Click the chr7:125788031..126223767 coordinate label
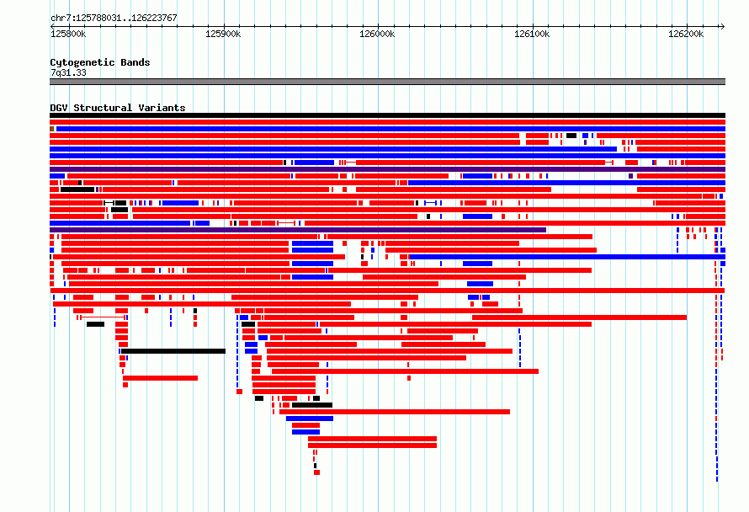[x=114, y=18]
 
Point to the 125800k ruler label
[x=68, y=34]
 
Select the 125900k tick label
[x=223, y=34]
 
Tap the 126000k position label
[x=377, y=34]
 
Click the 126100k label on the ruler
[x=532, y=34]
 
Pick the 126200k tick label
[x=686, y=34]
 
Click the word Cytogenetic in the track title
[x=82, y=62]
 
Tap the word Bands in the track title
[x=135, y=62]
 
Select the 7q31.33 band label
[x=68, y=72]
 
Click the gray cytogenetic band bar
[x=387, y=82]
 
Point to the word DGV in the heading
[x=59, y=108]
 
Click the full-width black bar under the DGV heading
[x=387, y=115]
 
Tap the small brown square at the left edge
[x=51, y=129]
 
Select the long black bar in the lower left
[x=173, y=351]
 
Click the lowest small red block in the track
[x=316, y=472]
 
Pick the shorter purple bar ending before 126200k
[x=298, y=230]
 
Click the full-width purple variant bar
[x=387, y=169]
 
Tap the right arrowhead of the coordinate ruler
[x=723, y=26]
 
